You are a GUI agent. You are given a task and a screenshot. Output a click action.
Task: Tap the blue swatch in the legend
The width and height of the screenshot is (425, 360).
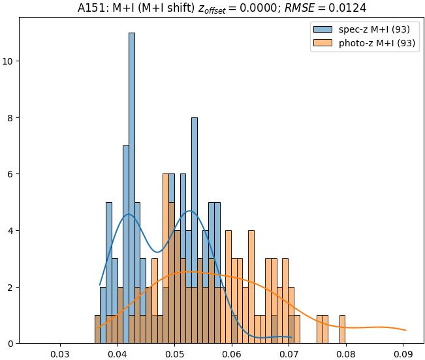[323, 29]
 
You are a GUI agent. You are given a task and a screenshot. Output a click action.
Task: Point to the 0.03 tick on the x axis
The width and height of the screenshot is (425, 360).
[60, 354]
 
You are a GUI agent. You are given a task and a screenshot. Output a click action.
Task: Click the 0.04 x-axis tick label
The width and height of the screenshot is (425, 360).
[118, 354]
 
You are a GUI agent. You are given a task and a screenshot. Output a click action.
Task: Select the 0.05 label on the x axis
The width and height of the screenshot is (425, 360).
[174, 354]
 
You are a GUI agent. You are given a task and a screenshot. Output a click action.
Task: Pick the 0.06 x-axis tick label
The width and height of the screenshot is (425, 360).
[232, 354]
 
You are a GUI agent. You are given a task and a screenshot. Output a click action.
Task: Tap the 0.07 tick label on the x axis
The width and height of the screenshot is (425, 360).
[289, 354]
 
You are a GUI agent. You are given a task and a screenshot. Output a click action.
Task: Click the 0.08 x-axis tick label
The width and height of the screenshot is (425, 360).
[346, 354]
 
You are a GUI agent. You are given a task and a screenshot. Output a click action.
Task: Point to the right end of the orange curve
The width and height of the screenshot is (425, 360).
[405, 331]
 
